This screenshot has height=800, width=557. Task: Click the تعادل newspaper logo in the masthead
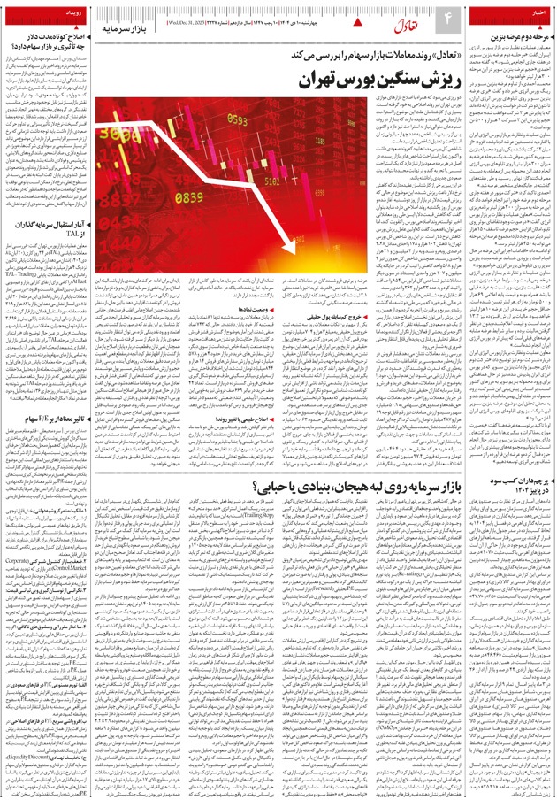[x=382, y=21]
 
